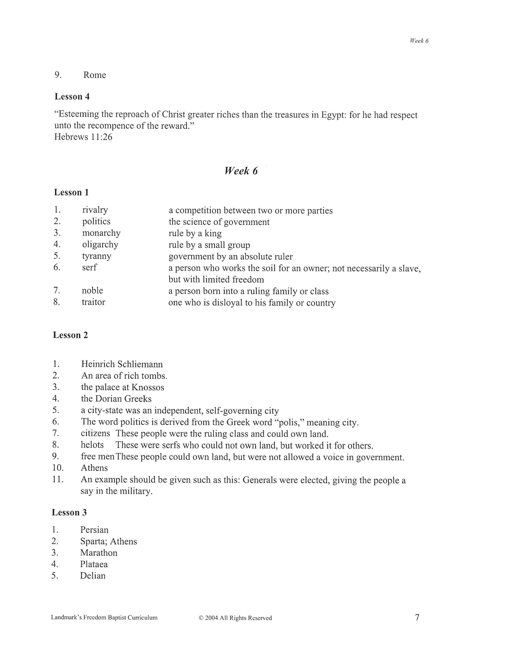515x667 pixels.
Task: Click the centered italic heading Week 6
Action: pos(241,171)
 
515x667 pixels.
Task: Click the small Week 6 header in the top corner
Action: pos(419,41)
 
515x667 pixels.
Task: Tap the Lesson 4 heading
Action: pos(72,96)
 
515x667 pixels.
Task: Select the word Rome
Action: pos(94,75)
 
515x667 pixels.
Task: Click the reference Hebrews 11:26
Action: pos(83,137)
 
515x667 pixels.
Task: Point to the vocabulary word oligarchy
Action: pos(100,244)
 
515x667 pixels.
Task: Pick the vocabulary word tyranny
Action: pos(97,256)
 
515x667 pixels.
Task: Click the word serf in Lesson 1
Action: pos(89,267)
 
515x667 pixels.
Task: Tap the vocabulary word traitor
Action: pos(93,302)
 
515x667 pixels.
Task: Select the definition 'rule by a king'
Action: pos(195,233)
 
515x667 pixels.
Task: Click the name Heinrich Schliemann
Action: pos(122,364)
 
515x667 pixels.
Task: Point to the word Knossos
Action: pos(148,387)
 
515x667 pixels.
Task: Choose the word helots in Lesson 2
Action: pos(92,445)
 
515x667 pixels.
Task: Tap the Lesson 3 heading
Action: pos(69,513)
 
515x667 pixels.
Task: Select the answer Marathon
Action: pos(99,553)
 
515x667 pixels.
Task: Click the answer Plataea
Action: pos(94,564)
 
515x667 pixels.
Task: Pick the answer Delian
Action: pos(93,576)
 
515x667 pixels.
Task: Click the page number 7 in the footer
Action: pos(417,617)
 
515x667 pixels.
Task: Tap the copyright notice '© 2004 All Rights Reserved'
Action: pos(235,618)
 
